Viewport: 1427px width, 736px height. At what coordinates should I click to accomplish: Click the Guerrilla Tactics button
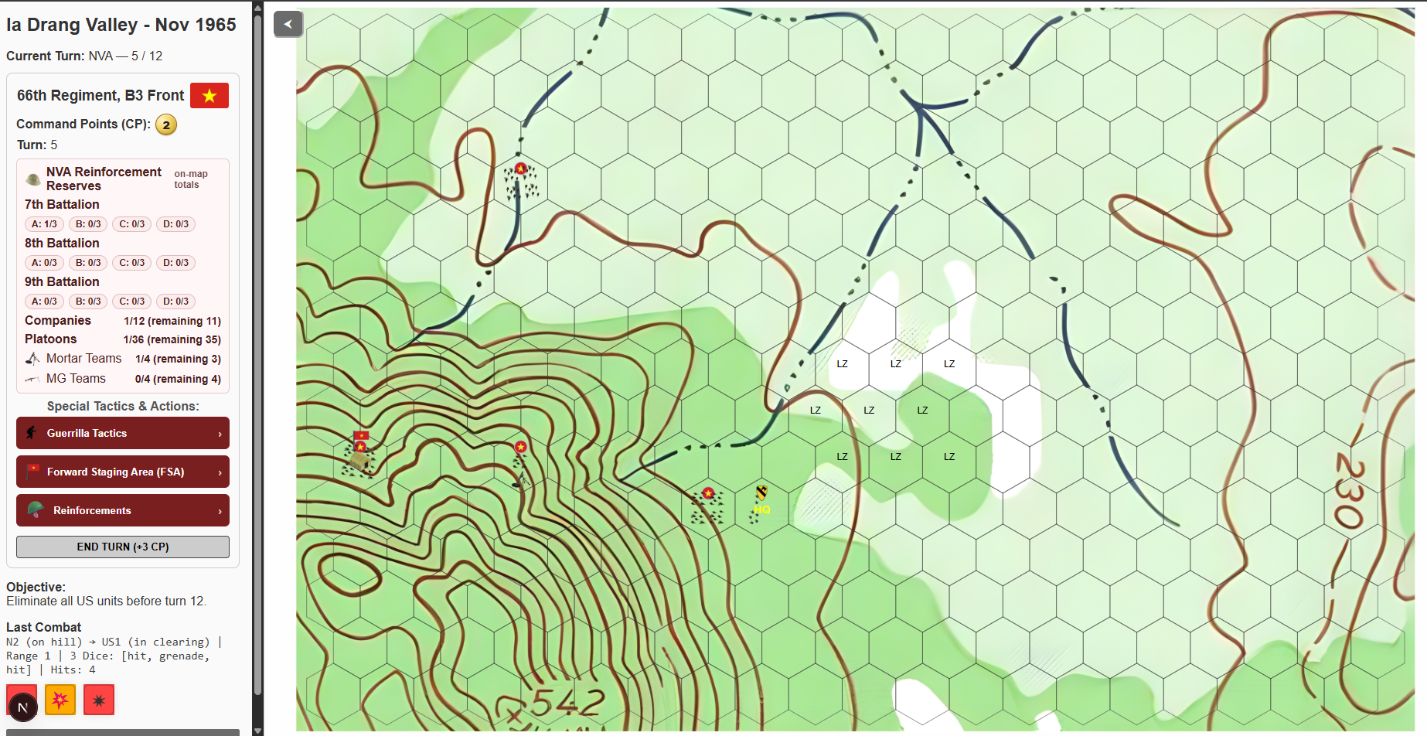point(122,433)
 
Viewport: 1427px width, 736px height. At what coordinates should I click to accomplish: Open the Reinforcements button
point(122,510)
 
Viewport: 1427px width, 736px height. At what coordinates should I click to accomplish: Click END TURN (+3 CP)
point(122,547)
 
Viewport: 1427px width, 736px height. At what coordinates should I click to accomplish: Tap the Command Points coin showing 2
point(166,124)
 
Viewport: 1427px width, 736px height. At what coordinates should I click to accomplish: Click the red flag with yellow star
point(209,95)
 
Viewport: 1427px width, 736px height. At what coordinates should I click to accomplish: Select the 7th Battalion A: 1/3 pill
point(44,224)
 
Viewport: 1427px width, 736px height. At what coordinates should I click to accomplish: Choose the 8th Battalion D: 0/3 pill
point(175,263)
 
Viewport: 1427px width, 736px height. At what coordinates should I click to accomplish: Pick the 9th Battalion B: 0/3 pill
point(88,302)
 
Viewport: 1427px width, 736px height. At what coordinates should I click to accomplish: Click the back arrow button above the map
point(288,24)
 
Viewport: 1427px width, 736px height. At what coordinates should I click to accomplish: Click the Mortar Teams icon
point(32,359)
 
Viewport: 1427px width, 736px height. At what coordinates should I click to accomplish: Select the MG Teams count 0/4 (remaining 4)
point(177,379)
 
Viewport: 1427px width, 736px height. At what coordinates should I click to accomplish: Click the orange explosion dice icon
point(60,700)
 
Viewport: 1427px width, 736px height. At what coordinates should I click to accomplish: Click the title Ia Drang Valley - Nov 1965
point(121,25)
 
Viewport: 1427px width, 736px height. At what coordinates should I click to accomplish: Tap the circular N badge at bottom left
point(22,707)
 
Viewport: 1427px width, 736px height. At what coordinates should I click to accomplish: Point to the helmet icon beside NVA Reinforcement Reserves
point(33,179)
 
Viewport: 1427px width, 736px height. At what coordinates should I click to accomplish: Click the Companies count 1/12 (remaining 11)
point(172,321)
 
